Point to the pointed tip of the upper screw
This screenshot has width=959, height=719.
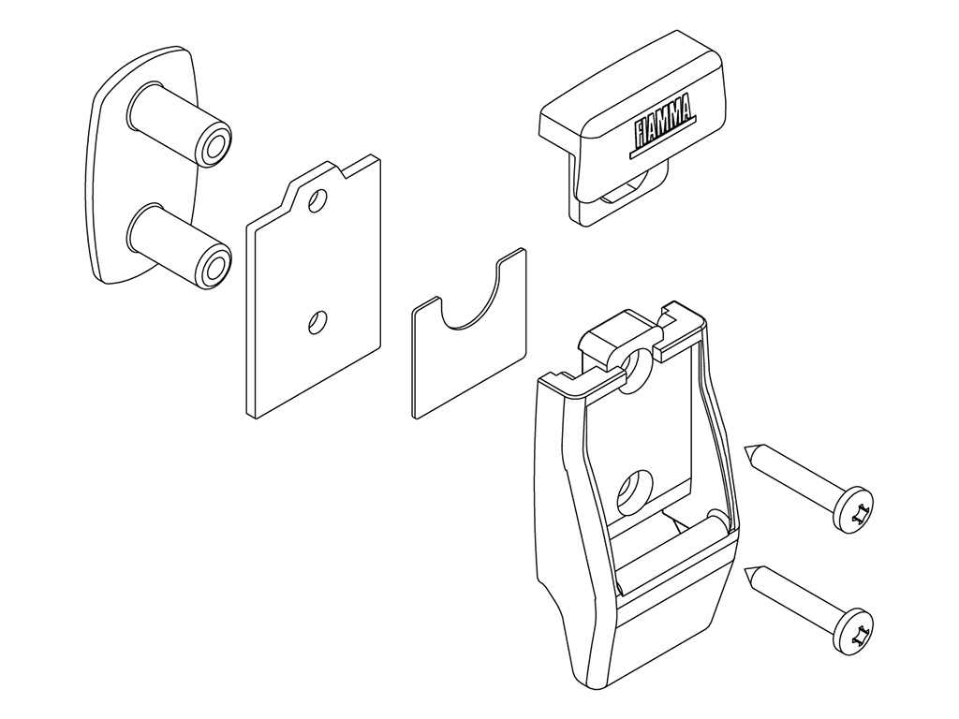(x=745, y=448)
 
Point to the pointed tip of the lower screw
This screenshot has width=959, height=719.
(x=745, y=569)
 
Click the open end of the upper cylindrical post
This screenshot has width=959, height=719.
(x=214, y=144)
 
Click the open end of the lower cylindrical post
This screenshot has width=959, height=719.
(x=214, y=265)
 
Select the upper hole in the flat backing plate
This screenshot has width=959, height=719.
(x=318, y=200)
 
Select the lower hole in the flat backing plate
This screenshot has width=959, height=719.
(x=318, y=322)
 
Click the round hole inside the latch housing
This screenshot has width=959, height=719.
(x=632, y=493)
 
